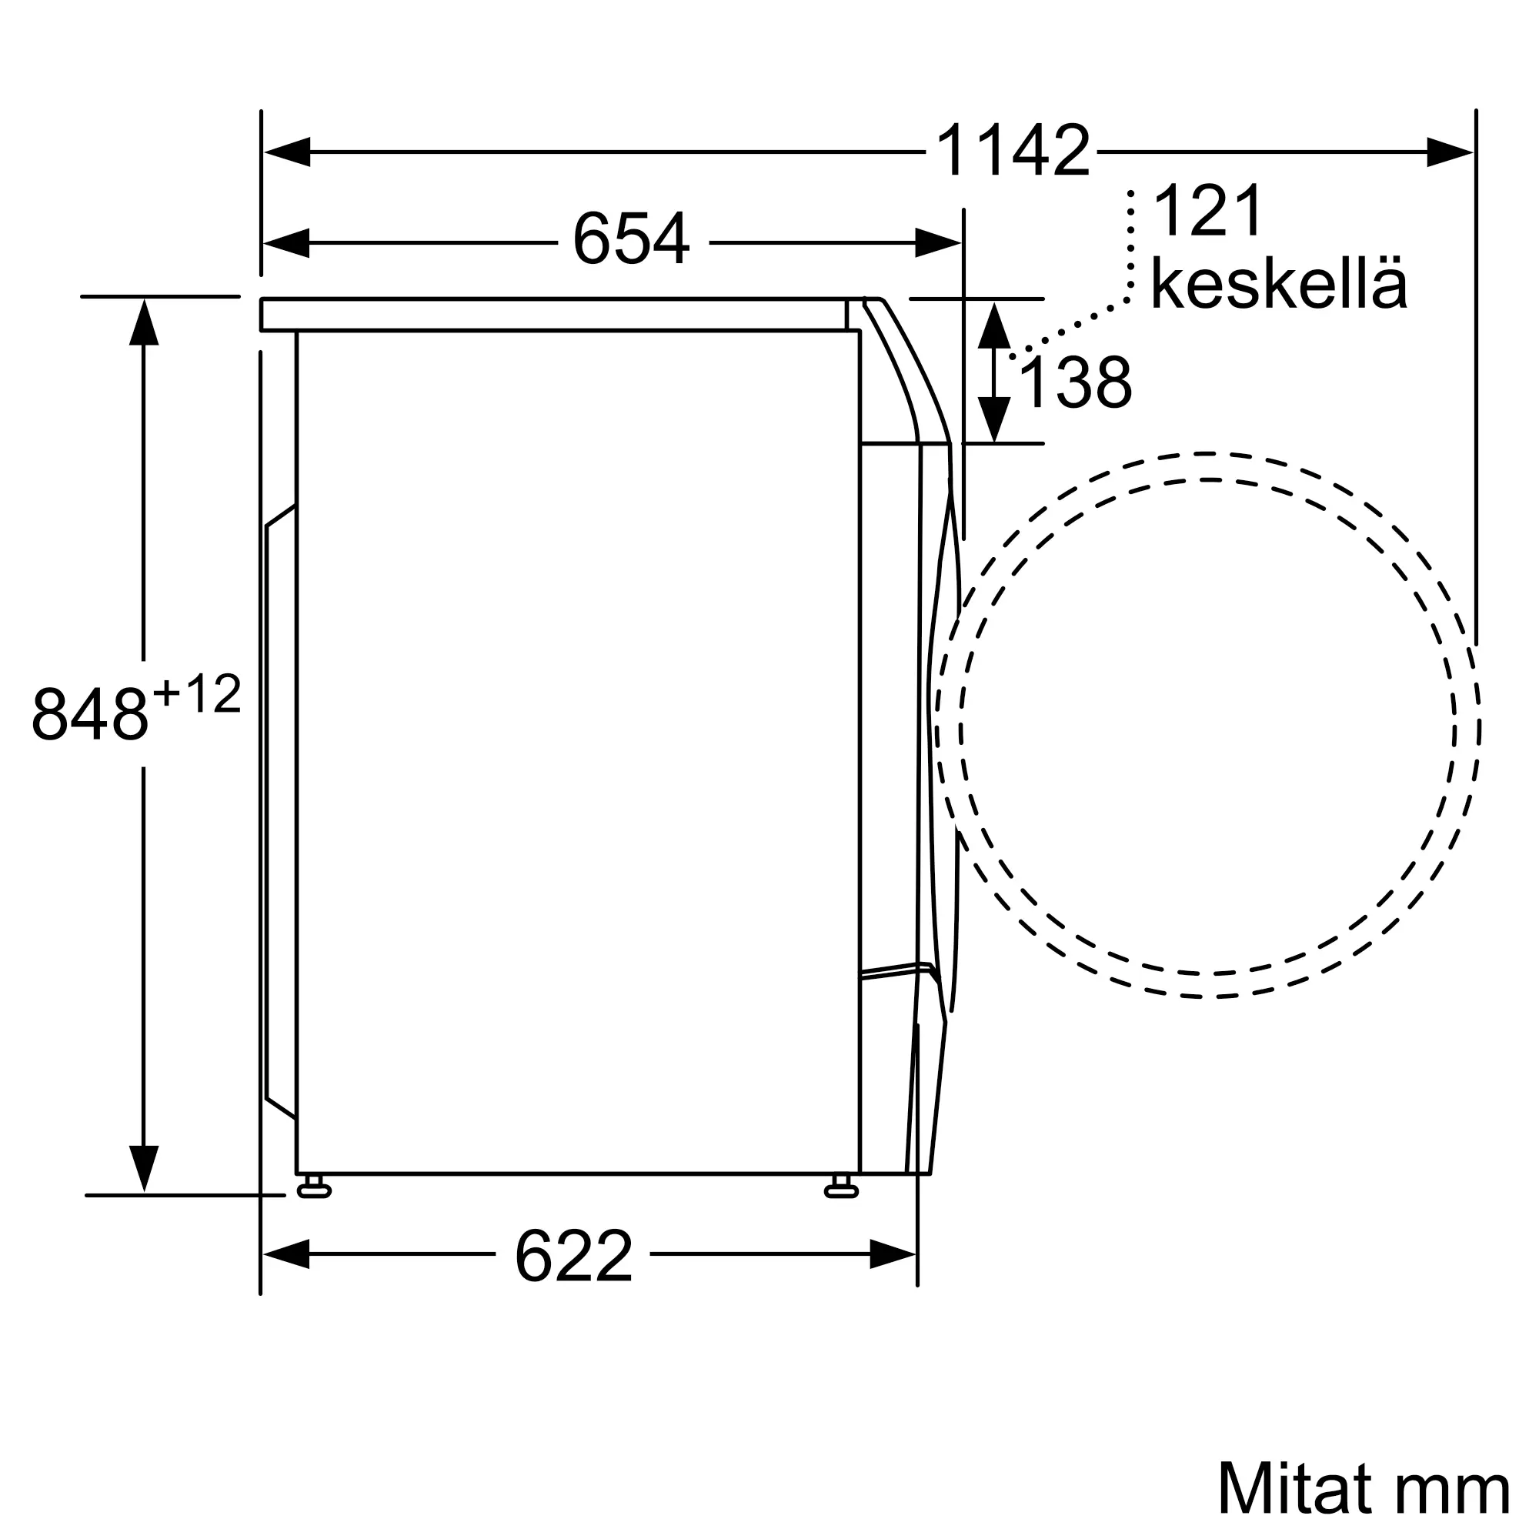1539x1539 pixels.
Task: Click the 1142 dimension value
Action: click(1013, 151)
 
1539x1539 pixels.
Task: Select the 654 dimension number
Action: click(631, 239)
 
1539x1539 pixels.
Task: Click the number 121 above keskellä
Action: click(1207, 211)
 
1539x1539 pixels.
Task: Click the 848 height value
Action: click(90, 714)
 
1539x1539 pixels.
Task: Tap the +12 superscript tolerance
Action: click(197, 694)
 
